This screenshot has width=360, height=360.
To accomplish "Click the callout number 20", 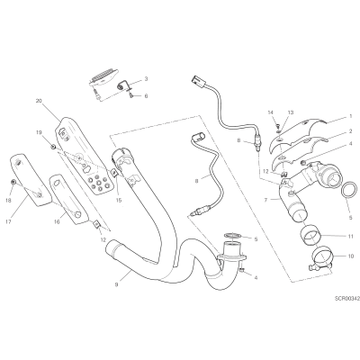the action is (x=39, y=101).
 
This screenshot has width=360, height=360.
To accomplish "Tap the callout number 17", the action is (x=8, y=222).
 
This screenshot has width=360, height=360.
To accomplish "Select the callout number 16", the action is (x=57, y=221).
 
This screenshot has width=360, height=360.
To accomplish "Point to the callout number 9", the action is (x=116, y=283).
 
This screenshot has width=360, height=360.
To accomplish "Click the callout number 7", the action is (x=265, y=200).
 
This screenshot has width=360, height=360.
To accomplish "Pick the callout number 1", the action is (x=350, y=116).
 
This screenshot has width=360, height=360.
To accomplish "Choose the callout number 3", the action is (x=146, y=79).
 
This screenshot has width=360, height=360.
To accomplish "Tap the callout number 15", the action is (x=119, y=200).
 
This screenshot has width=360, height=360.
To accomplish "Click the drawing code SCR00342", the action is (x=347, y=299).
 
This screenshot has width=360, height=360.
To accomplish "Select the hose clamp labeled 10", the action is (x=321, y=258).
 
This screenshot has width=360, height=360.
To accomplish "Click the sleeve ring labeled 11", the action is (x=310, y=236).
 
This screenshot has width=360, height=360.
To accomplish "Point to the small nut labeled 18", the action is (x=13, y=182).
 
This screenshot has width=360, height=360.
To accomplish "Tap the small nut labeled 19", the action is (x=53, y=147).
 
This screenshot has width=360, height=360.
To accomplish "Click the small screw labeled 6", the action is (x=131, y=95).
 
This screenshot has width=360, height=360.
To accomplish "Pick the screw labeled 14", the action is (x=278, y=124).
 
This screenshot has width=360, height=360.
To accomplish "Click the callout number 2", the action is (x=350, y=131).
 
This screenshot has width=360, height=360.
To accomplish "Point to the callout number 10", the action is (x=352, y=256).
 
